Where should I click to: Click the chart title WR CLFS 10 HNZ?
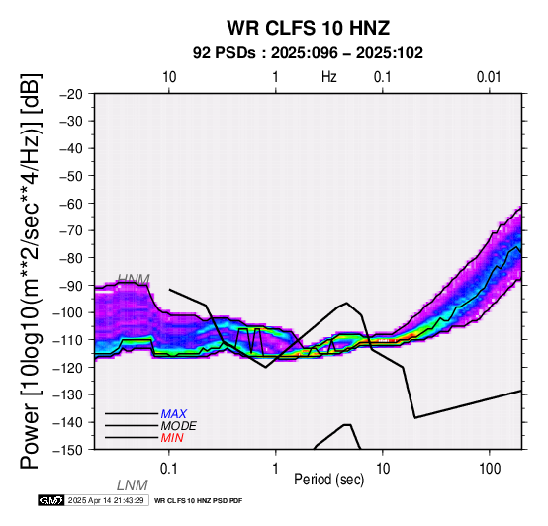pyautogui.click(x=309, y=28)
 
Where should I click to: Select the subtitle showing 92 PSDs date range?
pyautogui.click(x=308, y=53)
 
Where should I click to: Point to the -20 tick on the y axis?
pyautogui.click(x=71, y=94)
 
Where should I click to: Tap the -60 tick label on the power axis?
pyautogui.click(x=71, y=204)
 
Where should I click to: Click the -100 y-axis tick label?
pyautogui.click(x=68, y=312)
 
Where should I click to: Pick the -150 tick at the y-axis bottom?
pyautogui.click(x=68, y=450)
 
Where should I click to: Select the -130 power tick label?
pyautogui.click(x=68, y=394)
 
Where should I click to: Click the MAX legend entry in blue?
pyautogui.click(x=174, y=414)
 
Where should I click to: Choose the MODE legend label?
pyautogui.click(x=179, y=426)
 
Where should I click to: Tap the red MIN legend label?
pyautogui.click(x=172, y=438)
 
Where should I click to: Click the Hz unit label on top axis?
pyautogui.click(x=329, y=77)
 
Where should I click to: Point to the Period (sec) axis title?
pyautogui.click(x=328, y=480)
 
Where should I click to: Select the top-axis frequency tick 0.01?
pyautogui.click(x=489, y=77)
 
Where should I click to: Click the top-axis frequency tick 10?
pyautogui.click(x=169, y=77)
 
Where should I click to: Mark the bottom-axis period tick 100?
pyautogui.click(x=490, y=469)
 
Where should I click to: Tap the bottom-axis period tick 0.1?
pyautogui.click(x=169, y=469)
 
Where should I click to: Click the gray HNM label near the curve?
pyautogui.click(x=134, y=279)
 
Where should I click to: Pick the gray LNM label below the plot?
pyautogui.click(x=133, y=485)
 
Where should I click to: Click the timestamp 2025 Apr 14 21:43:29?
pyautogui.click(x=106, y=500)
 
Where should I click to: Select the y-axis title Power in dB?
pyautogui.click(x=31, y=272)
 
